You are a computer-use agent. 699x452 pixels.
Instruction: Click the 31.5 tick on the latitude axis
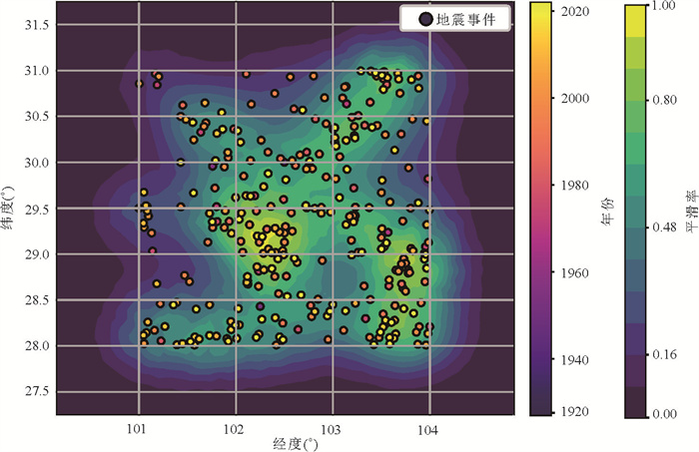[40, 26]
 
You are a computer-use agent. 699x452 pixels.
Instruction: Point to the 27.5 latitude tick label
[40, 391]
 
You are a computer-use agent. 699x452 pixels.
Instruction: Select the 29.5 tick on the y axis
[40, 209]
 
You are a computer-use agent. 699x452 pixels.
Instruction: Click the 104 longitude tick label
[429, 427]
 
